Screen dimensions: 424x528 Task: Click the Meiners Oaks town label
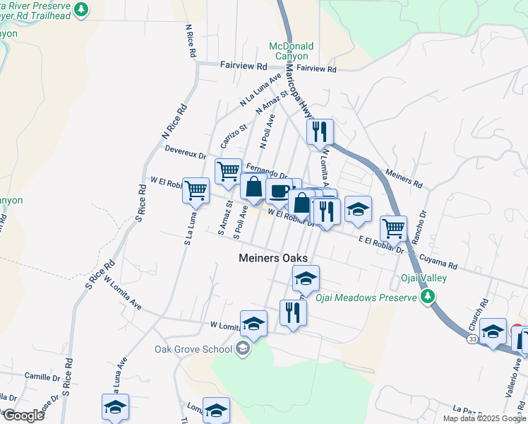coord(272,259)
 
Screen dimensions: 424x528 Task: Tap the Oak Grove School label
coord(193,349)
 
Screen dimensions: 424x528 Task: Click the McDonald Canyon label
coord(290,51)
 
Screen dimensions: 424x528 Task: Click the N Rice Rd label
coord(174,122)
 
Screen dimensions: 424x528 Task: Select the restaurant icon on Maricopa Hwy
coord(320,131)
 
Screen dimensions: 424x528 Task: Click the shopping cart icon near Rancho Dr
coord(392,228)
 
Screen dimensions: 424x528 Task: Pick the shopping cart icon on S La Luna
coord(196,189)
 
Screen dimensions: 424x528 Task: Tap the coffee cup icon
coord(280,191)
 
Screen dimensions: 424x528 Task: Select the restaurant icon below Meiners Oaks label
coord(292,312)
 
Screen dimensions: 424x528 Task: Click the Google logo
coord(23,415)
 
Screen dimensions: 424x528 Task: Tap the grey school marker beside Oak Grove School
coord(242,348)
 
